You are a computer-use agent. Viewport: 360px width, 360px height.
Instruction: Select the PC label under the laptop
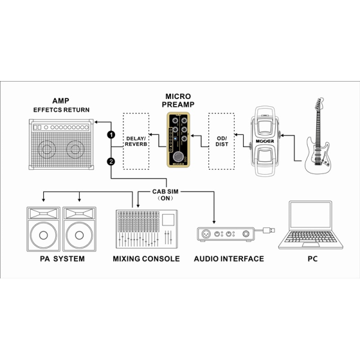311,259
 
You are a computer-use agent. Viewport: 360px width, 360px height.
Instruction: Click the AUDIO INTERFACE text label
229,259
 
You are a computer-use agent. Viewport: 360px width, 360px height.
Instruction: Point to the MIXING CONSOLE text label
146,259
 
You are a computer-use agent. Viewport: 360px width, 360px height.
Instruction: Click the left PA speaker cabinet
43,229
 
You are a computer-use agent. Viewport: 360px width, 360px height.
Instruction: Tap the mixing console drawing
146,229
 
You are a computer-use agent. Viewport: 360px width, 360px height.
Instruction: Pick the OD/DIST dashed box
221,141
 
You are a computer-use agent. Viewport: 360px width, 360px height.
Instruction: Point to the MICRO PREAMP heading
178,100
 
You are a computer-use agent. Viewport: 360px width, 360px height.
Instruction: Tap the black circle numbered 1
111,134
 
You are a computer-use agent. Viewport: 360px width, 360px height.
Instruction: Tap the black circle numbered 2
111,161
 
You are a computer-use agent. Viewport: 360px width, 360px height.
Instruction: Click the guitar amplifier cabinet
62,146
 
